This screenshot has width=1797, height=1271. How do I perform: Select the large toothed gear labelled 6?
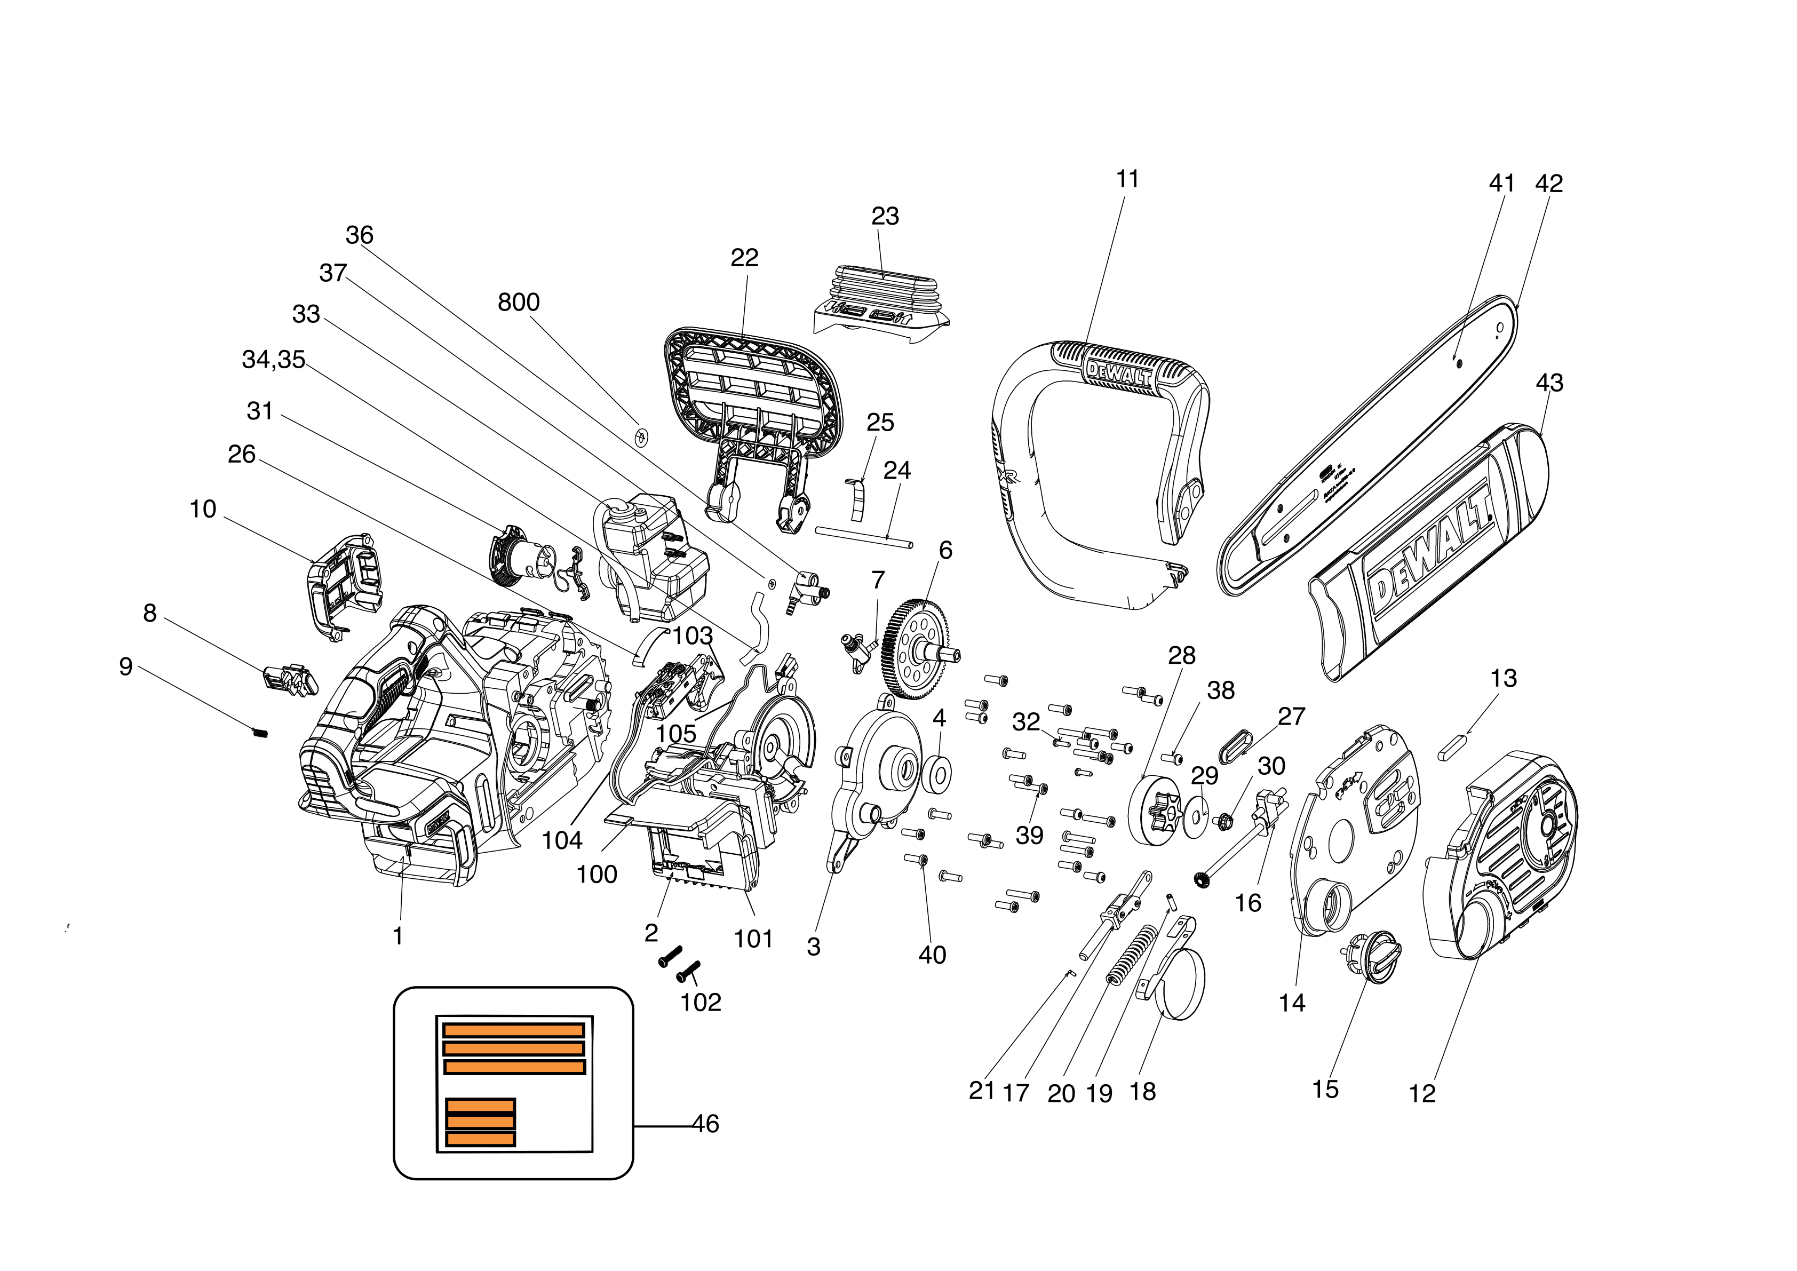coord(914,649)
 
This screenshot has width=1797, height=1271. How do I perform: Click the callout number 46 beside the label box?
coord(705,1124)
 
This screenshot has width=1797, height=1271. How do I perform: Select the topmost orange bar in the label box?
coord(513,1030)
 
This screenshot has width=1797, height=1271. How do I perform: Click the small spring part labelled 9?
coord(260,733)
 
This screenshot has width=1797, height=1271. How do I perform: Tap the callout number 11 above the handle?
coord(1127,179)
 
